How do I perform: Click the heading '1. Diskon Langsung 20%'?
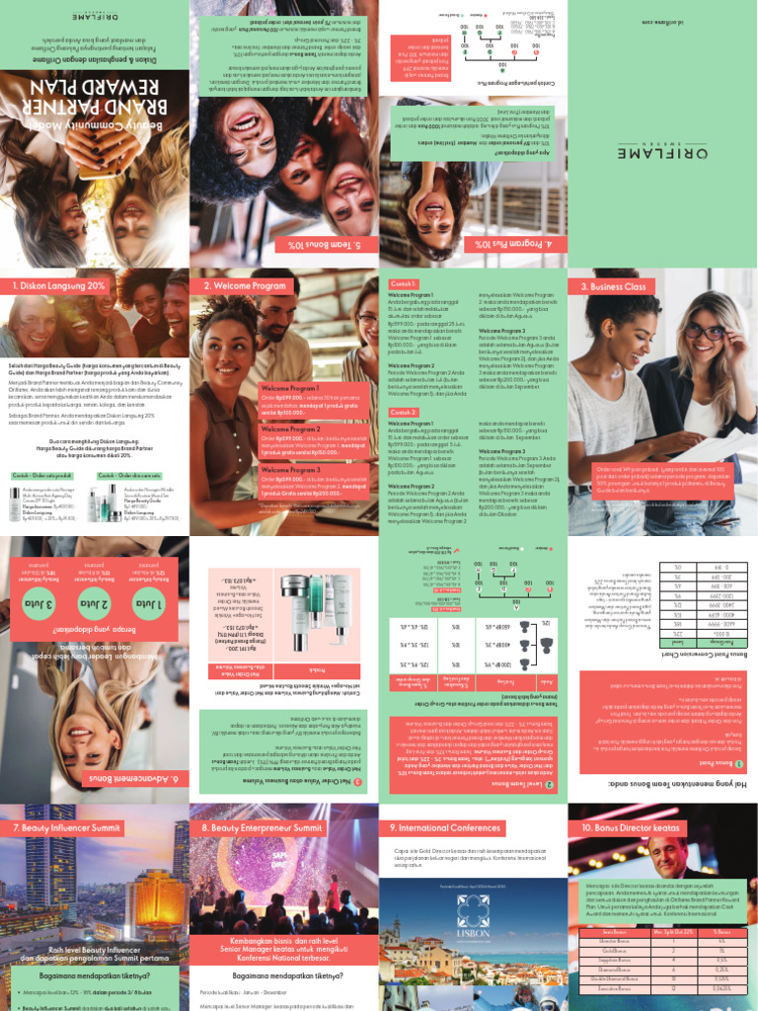[58, 286]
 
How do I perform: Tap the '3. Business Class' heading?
[613, 286]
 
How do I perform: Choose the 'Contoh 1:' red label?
[404, 282]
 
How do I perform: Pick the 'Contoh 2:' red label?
[404, 413]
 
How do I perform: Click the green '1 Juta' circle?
[148, 604]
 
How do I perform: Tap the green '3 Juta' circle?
[32, 604]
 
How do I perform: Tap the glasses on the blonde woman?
[707, 332]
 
